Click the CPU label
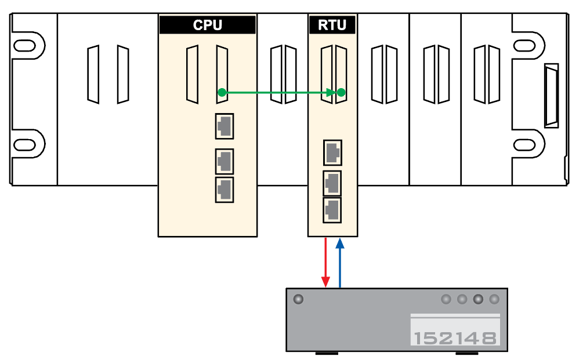pos(207,25)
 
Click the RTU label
pos(332,25)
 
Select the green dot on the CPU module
pos(221,92)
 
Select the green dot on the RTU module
pos(341,92)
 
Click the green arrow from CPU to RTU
pos(278,92)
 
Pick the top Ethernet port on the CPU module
pos(225,126)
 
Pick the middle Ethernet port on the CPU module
pos(225,161)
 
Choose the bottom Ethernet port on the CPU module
pos(225,190)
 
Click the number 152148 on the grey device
pos(455,337)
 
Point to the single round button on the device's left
pos(298,300)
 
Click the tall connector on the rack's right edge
pos(551,96)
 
